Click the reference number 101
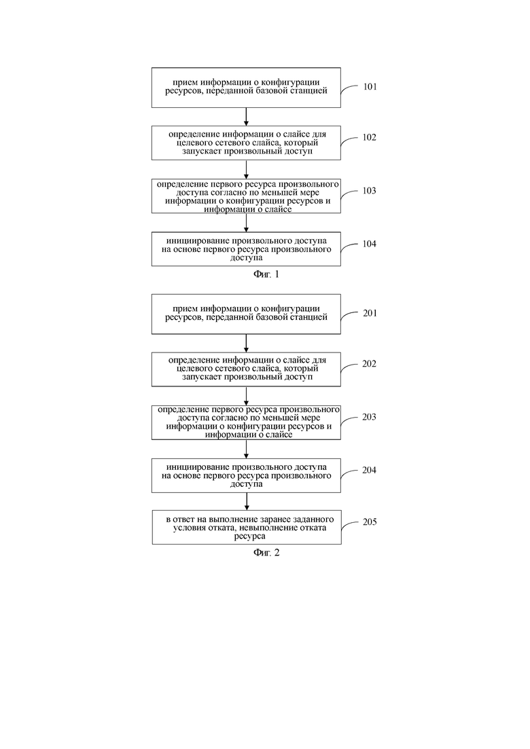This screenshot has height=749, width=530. [370, 86]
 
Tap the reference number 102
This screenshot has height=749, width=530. [370, 137]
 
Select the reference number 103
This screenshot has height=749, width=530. [370, 191]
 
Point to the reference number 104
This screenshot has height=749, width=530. [370, 244]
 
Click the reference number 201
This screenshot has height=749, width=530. [370, 313]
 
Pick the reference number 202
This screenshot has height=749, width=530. [370, 363]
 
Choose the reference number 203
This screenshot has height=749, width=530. [370, 416]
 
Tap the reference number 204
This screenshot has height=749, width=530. [370, 470]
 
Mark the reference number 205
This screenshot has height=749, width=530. [370, 522]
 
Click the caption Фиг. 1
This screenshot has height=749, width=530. [266, 274]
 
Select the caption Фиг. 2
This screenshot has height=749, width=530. [266, 553]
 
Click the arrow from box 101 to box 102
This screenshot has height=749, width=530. [246, 117]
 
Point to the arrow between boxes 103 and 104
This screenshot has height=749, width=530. [246, 223]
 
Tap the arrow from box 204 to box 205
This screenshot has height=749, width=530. [247, 502]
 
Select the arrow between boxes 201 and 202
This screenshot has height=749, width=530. [246, 344]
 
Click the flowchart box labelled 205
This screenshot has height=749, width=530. [247, 528]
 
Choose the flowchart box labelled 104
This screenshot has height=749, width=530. [246, 249]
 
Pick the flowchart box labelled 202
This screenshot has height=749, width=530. [246, 369]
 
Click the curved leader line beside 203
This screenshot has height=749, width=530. [349, 421]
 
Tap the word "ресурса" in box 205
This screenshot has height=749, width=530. [249, 536]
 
